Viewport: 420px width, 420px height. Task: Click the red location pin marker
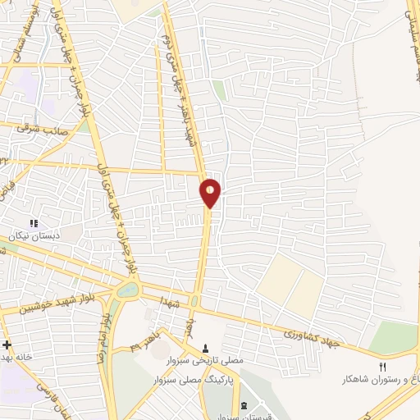[x=211, y=192]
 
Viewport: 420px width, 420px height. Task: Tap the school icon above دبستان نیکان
[x=34, y=223]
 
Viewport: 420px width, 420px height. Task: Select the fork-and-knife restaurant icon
[x=382, y=366]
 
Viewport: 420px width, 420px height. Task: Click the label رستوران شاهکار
[x=379, y=381]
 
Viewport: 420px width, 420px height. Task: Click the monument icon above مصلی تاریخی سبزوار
[x=204, y=347]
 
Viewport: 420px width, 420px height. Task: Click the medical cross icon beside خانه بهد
[x=7, y=345]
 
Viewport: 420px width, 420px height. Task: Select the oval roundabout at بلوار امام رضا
[x=128, y=290]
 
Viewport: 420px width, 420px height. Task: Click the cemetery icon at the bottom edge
[x=244, y=407]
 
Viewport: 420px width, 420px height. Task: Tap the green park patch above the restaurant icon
[x=395, y=336]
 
